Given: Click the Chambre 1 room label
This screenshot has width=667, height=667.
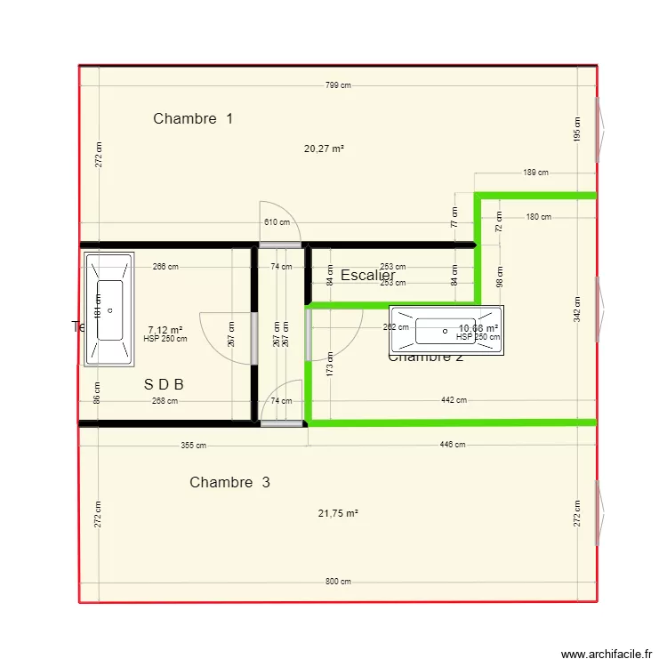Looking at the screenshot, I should (193, 118).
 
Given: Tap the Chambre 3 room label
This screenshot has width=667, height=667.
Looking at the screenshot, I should (229, 482).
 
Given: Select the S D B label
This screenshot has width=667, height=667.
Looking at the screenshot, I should (164, 385).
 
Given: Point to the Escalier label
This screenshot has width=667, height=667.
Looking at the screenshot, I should (367, 276).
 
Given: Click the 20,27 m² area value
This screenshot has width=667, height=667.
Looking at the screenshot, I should (324, 149).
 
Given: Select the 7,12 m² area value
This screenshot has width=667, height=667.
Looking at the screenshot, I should (165, 329).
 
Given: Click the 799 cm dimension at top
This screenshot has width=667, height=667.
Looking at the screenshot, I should (337, 85).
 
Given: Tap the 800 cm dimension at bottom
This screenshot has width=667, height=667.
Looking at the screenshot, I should (338, 582).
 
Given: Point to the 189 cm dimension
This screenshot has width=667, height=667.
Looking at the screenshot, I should (535, 173).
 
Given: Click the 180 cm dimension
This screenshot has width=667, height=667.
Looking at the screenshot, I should (538, 217).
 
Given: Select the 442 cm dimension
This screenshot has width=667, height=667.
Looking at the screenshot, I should (454, 400).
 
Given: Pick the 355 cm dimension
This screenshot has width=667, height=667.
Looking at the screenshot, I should (194, 445).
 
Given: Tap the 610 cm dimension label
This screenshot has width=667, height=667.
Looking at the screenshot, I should (277, 222).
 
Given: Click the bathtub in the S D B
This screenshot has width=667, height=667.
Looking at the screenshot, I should (109, 309).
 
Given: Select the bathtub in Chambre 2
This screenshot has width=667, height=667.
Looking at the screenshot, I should (446, 331).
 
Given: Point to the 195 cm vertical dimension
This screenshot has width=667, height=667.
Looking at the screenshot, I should (576, 129).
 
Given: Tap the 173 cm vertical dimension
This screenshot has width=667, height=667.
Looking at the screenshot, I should (330, 362).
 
